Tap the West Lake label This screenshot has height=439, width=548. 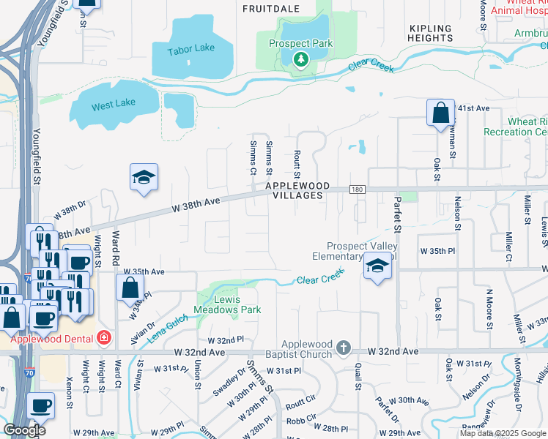[114, 105]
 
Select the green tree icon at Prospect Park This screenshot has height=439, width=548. [300, 59]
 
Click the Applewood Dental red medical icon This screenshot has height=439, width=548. [104, 338]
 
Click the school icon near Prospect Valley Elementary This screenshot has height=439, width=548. [378, 266]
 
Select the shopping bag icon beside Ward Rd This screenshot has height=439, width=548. [130, 287]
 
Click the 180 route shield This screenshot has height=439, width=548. [356, 189]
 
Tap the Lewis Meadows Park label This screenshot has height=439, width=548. [227, 305]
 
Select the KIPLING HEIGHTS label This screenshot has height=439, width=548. [431, 32]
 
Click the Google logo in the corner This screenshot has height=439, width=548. [24, 430]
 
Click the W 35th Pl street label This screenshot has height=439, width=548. [437, 251]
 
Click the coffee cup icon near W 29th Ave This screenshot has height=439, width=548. [40, 405]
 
